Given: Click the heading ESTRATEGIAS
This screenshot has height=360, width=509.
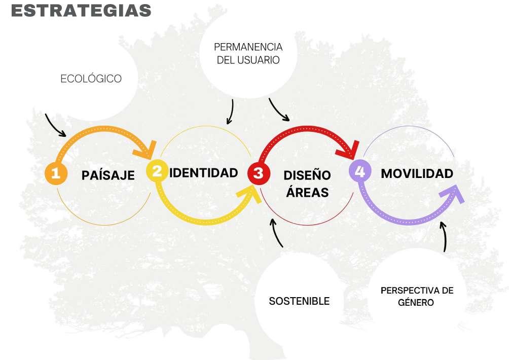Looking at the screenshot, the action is (x=81, y=11).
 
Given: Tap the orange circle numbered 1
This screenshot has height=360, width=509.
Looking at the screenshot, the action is (x=56, y=173).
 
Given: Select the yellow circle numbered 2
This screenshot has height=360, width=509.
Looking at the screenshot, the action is (x=157, y=171).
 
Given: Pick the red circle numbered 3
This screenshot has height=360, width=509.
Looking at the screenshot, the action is (x=258, y=173).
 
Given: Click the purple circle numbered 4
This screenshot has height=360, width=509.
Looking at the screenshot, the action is (x=359, y=171).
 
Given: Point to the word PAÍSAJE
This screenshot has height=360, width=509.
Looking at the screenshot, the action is (x=108, y=175).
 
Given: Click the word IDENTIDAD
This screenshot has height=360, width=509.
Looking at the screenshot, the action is (x=203, y=172).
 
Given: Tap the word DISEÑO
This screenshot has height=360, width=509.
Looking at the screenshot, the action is (x=307, y=175).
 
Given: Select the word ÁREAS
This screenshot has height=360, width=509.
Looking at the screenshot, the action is (x=306, y=193).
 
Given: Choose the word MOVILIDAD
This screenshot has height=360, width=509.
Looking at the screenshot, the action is (x=417, y=173).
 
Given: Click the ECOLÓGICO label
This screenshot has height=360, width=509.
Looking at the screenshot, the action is (x=91, y=79).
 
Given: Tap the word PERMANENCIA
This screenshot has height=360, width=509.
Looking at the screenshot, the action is (x=248, y=47).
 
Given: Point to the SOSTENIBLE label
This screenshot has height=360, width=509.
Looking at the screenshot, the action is (x=299, y=301).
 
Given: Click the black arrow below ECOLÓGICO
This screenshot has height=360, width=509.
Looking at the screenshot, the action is (x=55, y=125).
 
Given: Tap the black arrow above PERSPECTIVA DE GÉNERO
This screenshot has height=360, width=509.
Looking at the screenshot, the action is (x=444, y=236).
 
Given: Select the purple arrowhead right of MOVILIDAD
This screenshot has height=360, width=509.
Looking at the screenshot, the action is (x=454, y=194).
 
